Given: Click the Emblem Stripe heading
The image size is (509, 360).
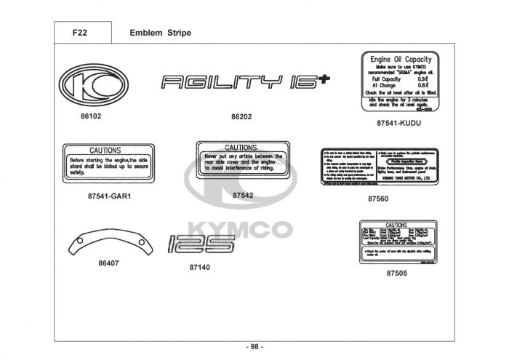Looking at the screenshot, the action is coord(160,33).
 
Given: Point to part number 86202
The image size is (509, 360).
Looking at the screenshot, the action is coord(241,116).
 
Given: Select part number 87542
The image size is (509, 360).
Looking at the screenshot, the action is coord(243,195).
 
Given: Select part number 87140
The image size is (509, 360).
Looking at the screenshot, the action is coord(199,268).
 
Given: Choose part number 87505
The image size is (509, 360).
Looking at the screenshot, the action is coord(397,273).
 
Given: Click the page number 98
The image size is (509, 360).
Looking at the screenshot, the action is coord(255,346).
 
